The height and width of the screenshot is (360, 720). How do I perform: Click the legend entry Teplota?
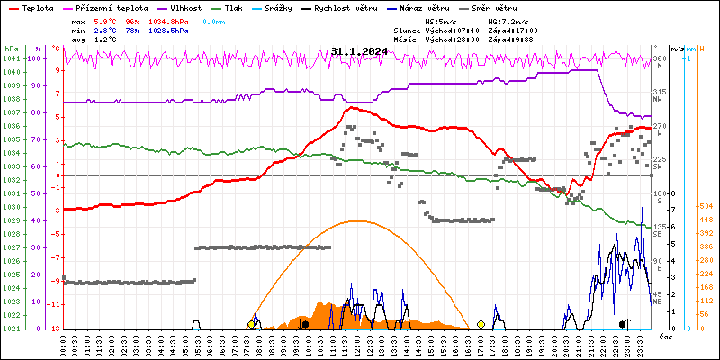37,7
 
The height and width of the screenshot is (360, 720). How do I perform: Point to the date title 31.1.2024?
359,51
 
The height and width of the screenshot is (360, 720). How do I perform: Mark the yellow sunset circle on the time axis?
481,324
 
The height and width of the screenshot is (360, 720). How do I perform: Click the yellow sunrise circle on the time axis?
251,324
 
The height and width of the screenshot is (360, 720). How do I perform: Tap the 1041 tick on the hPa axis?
11,58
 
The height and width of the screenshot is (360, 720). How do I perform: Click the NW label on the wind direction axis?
658,100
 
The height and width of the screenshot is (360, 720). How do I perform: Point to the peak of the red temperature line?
351,108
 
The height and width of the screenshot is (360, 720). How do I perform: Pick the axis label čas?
666,337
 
